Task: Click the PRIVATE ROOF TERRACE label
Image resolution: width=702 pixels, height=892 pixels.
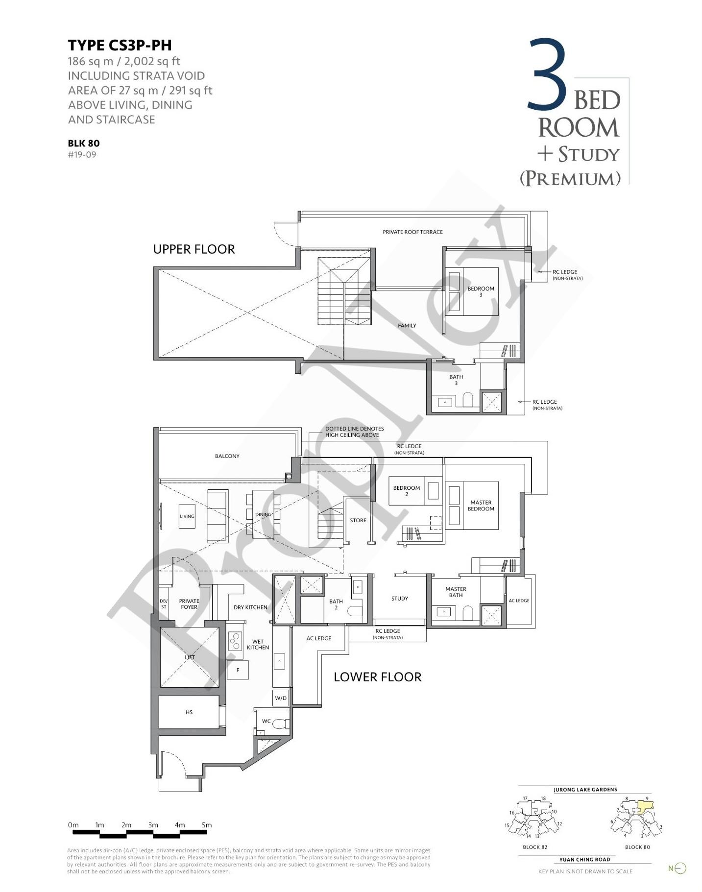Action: [412, 232]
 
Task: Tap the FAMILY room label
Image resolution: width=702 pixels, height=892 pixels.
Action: [407, 326]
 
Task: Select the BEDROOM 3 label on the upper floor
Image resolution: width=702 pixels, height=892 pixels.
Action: [481, 291]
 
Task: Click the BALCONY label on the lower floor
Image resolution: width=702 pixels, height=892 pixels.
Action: [227, 456]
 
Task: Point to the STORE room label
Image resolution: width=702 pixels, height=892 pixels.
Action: [358, 520]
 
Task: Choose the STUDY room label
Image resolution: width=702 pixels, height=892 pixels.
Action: [400, 599]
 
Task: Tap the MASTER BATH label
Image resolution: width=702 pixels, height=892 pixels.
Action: [456, 592]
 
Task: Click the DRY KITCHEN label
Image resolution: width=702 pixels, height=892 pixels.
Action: [250, 607]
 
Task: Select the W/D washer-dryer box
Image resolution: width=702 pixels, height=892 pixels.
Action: [281, 698]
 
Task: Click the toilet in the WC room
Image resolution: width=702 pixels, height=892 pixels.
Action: [281, 723]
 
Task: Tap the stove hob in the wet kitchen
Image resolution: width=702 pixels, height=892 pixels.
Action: [236, 641]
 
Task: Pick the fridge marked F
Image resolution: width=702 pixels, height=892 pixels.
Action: [238, 670]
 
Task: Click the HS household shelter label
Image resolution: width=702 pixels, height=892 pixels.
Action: [189, 712]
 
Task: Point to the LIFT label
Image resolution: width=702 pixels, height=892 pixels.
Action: [190, 657]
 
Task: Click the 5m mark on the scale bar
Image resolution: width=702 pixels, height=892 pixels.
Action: [207, 825]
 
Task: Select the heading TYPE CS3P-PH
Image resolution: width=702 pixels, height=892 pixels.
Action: [120, 45]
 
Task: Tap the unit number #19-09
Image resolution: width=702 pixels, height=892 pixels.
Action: [82, 155]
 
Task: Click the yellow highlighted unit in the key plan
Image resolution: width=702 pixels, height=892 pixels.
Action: [645, 806]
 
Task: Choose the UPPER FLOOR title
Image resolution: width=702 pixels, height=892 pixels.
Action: [194, 249]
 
